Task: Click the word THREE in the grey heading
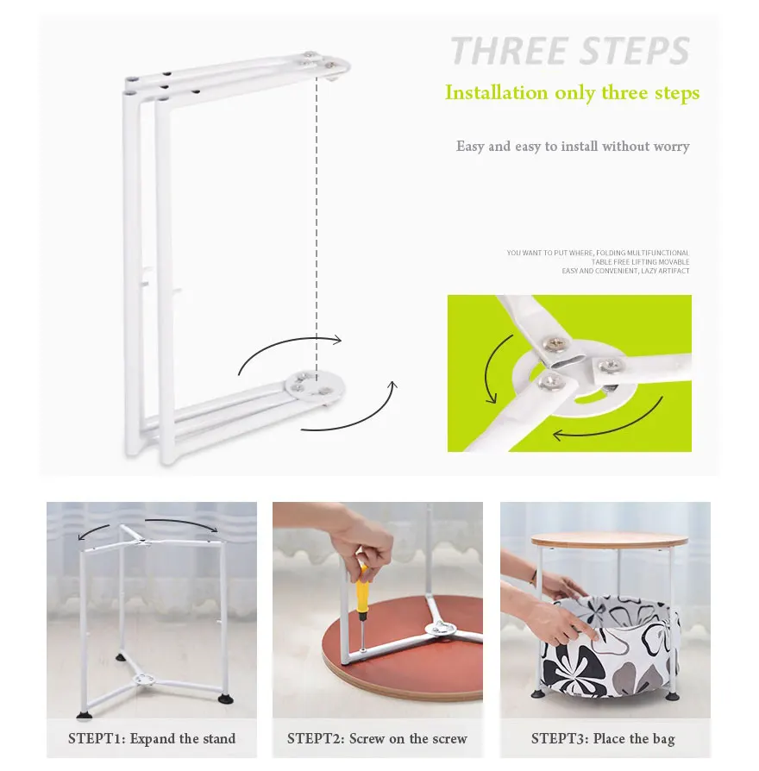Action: click(x=510, y=50)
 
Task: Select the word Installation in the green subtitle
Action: click(x=496, y=92)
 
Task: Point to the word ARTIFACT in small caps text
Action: click(x=674, y=271)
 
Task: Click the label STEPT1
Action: click(x=97, y=738)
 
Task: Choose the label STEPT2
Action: click(x=316, y=738)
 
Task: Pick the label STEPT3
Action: click(x=560, y=738)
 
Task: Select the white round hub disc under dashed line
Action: click(x=315, y=385)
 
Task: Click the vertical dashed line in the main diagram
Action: click(x=317, y=226)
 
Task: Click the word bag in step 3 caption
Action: click(x=663, y=739)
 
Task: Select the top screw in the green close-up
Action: click(x=555, y=343)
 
